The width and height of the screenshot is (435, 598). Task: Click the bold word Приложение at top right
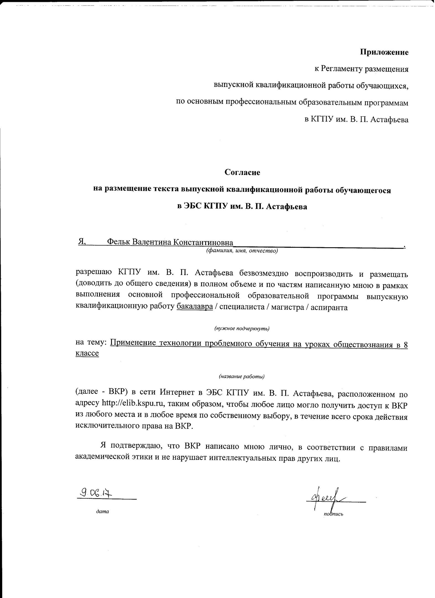[384, 52]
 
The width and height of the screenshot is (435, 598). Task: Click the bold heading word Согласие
[242, 172]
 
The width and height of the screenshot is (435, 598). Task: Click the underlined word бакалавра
[195, 308]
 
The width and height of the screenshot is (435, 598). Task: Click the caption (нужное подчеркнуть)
[242, 329]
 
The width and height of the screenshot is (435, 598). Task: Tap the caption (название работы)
[242, 377]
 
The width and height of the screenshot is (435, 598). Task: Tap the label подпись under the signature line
[333, 514]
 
